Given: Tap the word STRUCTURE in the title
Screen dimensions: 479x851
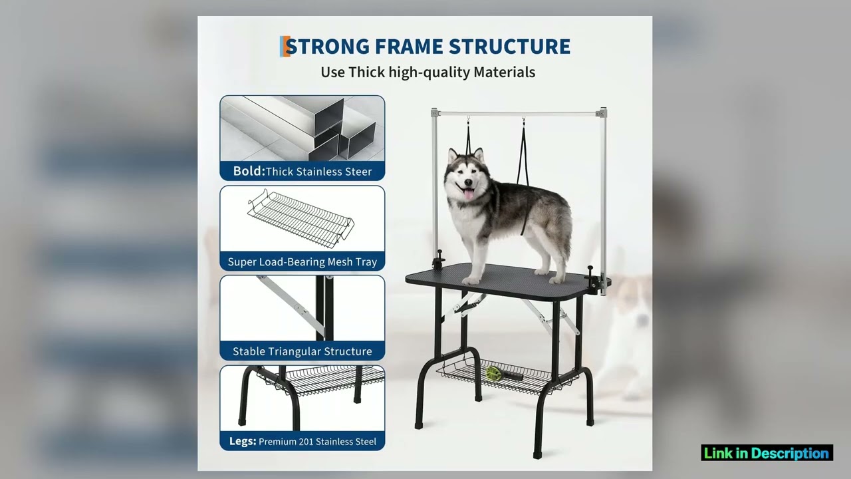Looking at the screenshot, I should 509,47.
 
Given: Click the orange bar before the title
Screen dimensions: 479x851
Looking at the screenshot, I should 284,47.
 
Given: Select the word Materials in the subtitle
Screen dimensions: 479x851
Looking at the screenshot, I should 504,72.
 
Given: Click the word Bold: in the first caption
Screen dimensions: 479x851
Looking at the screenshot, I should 249,171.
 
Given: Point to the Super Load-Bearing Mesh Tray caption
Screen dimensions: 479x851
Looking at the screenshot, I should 303,261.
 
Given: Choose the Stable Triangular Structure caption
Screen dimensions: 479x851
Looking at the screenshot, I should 303,351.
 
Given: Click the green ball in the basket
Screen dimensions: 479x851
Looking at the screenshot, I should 492,373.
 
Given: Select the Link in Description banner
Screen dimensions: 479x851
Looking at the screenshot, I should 767,453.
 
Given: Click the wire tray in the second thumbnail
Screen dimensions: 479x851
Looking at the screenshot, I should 301,217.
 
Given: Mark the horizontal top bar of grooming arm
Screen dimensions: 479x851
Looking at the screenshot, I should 519,114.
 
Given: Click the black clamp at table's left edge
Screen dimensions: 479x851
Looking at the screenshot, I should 439,260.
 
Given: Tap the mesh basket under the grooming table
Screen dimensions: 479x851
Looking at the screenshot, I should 505,378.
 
